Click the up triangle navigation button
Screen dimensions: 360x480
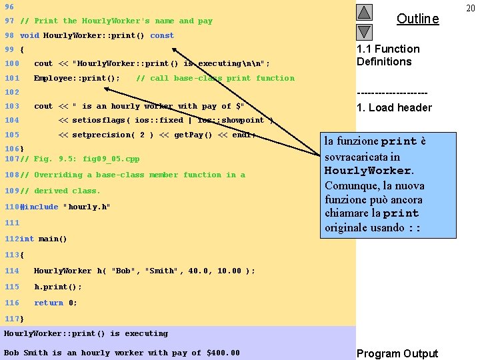[x=363, y=12]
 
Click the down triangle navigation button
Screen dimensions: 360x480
[x=363, y=31]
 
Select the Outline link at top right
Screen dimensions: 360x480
[x=417, y=19]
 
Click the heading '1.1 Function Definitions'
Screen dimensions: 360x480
[x=388, y=55]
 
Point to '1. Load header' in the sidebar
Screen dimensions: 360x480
[x=394, y=107]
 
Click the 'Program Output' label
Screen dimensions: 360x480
[x=397, y=353]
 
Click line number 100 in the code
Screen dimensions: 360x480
[x=11, y=63]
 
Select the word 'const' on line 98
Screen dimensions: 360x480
[x=162, y=35]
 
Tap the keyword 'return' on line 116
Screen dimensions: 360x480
[x=49, y=303]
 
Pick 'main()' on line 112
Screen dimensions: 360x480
[x=53, y=239]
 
